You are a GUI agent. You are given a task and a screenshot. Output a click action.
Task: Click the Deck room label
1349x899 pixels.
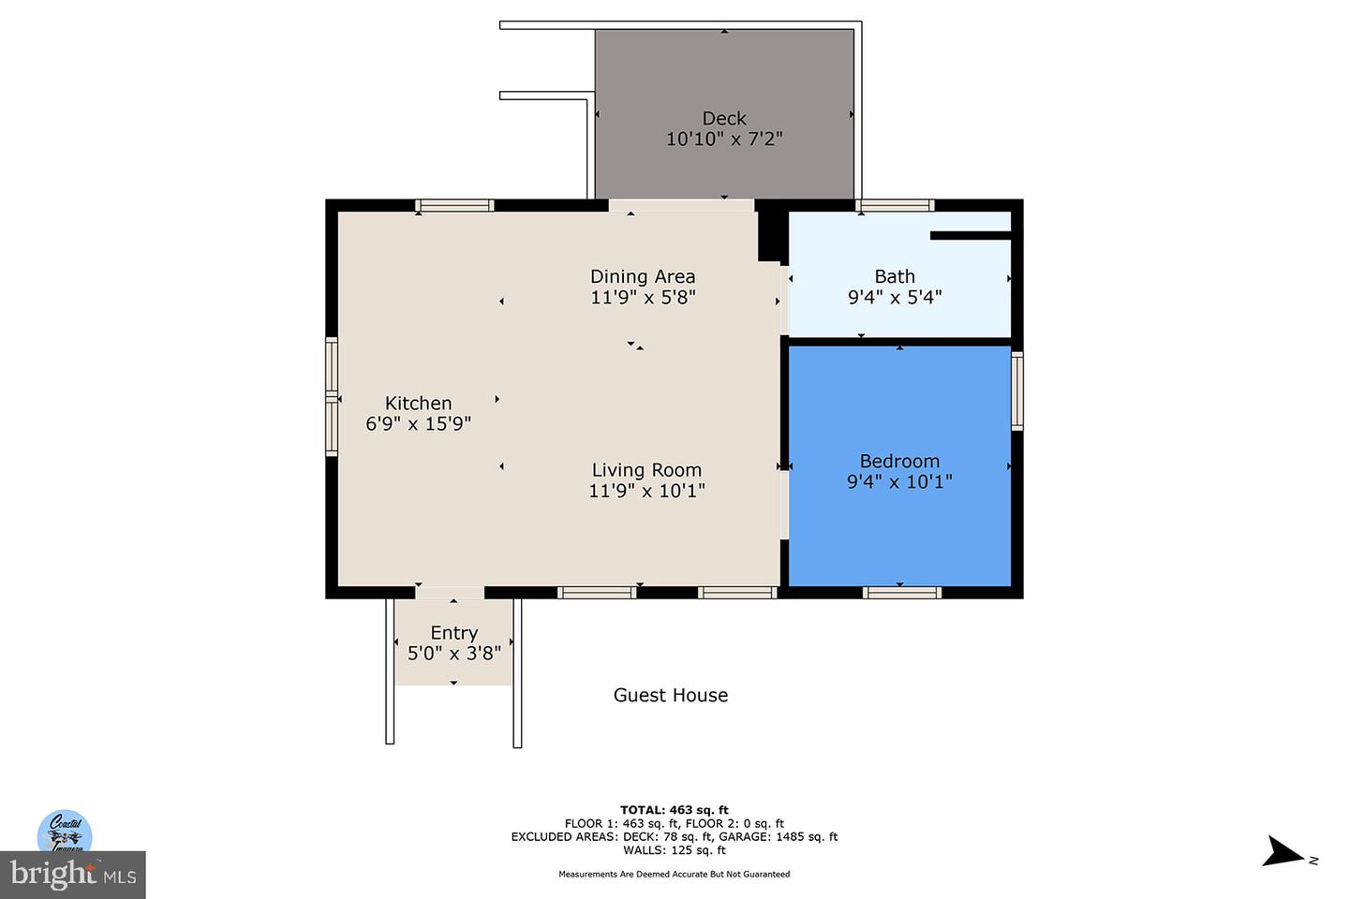click(x=724, y=118)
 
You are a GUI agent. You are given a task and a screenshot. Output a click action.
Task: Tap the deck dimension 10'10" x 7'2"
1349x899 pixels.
click(x=724, y=140)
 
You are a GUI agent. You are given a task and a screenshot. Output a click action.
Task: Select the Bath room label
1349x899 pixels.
click(x=895, y=276)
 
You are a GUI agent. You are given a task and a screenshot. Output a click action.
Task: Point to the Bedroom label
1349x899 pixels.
click(x=899, y=461)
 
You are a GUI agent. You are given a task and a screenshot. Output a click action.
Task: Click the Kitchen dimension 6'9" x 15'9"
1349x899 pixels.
click(x=418, y=423)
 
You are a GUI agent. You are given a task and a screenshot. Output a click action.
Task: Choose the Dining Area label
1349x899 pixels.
click(x=643, y=276)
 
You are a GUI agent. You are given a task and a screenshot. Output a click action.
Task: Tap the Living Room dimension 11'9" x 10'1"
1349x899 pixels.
click(x=646, y=491)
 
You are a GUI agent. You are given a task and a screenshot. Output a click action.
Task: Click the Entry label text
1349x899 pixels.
click(x=454, y=633)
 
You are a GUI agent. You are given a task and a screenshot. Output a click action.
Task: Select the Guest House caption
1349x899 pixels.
click(x=671, y=695)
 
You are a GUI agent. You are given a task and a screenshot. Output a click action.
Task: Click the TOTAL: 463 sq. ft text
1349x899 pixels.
click(x=674, y=810)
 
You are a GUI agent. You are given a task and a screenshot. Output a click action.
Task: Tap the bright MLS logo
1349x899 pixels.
click(x=72, y=875)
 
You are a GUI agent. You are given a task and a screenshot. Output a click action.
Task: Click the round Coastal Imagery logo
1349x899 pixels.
click(x=65, y=832)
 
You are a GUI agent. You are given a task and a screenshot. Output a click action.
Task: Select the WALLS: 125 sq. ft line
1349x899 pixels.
click(x=674, y=850)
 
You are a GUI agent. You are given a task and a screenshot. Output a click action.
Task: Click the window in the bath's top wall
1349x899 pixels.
click(x=895, y=205)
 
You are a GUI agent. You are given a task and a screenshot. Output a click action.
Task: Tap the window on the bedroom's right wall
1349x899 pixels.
click(x=1017, y=390)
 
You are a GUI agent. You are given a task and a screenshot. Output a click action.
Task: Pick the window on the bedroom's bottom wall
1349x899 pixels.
click(x=901, y=592)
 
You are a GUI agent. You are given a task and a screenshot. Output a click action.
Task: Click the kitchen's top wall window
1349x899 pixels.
click(x=455, y=205)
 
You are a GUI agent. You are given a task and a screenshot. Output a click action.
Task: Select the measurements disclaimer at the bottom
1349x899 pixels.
click(x=674, y=875)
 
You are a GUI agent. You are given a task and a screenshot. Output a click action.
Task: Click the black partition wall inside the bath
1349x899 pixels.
click(x=970, y=236)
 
